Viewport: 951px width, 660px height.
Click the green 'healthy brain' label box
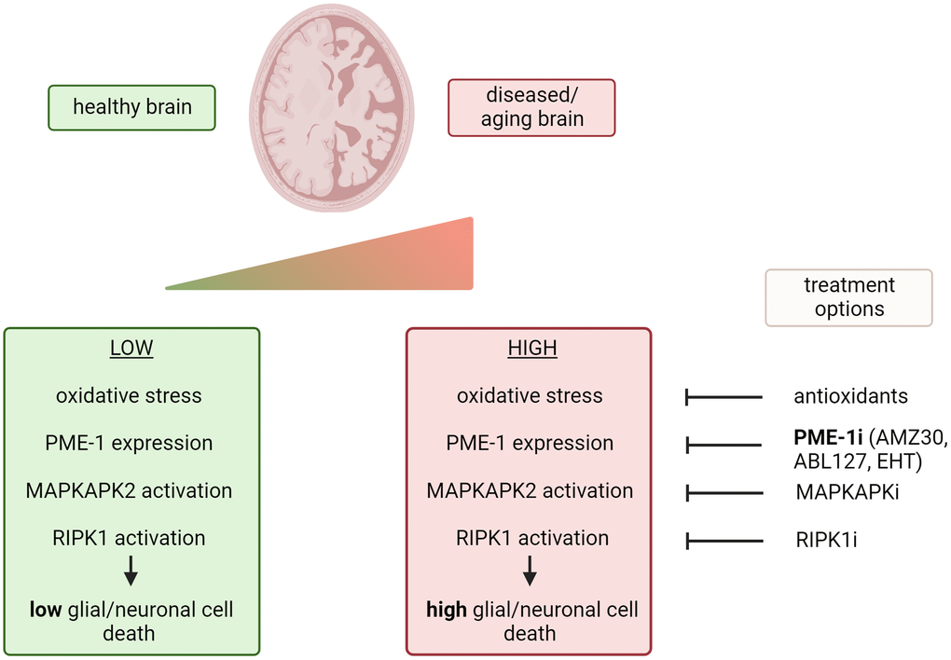(132, 107)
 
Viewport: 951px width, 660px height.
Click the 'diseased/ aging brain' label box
(531, 108)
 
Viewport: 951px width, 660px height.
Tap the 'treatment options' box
(848, 297)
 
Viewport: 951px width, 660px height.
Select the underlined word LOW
(131, 349)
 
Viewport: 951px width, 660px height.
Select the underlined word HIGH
(532, 349)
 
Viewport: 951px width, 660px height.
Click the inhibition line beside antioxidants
(724, 398)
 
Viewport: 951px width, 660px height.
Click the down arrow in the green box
(131, 570)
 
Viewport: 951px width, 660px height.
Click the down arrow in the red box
(530, 570)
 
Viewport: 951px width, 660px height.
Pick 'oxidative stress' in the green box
(129, 395)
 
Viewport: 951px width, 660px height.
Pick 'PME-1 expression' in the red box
(530, 443)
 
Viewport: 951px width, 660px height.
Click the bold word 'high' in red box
(447, 611)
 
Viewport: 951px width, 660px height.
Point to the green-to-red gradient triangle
(392, 266)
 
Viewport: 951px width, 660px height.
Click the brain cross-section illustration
(332, 107)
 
